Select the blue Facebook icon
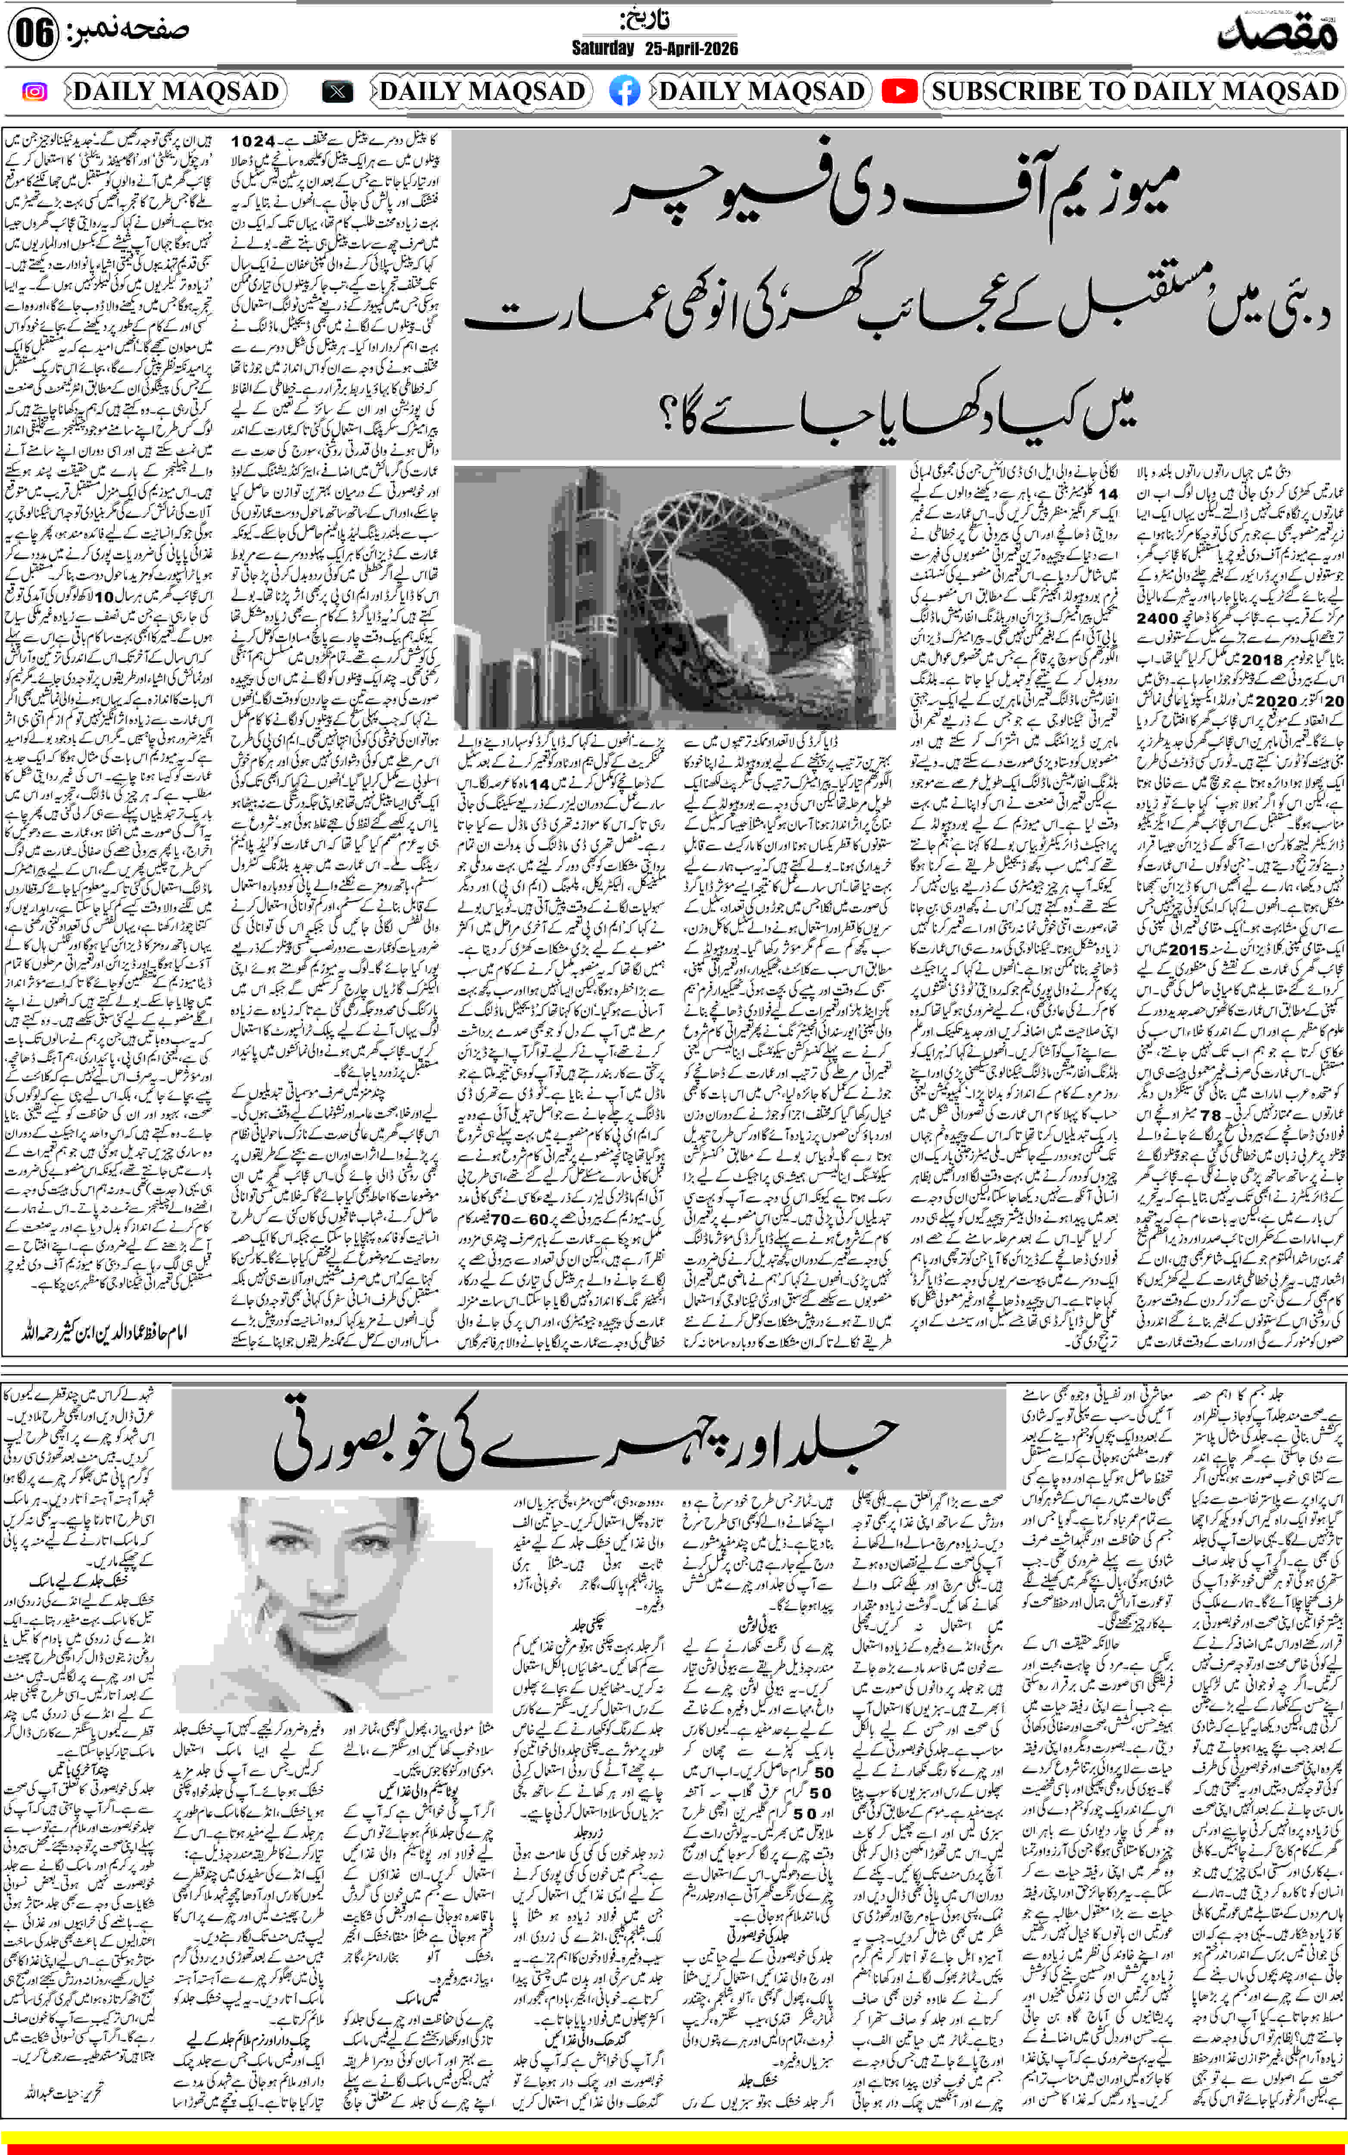point(624,91)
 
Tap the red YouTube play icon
point(900,91)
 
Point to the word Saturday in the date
point(603,48)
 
